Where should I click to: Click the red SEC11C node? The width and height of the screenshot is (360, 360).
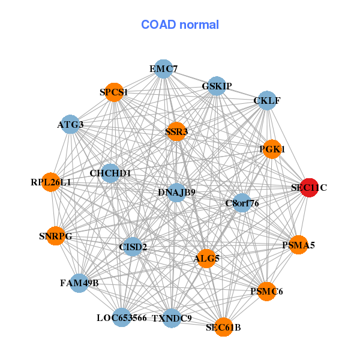click(308, 188)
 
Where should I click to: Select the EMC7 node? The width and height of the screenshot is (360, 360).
click(163, 69)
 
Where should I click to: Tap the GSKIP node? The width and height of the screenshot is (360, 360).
click(217, 86)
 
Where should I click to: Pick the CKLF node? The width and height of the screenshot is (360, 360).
click(267, 100)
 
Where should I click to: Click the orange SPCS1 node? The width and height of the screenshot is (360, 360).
click(114, 92)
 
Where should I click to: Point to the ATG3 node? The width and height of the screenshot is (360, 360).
click(71, 124)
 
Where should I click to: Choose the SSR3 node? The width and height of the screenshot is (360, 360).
click(176, 131)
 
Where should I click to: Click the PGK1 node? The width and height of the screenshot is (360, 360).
click(272, 149)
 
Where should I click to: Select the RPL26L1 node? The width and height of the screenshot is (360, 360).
click(51, 182)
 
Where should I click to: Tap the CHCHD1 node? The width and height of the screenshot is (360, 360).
click(110, 173)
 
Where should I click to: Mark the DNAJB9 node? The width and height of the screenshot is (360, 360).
click(176, 193)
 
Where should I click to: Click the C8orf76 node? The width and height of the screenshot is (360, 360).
click(242, 203)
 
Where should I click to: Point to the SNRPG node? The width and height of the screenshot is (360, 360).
click(55, 236)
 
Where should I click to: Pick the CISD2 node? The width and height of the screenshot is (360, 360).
click(133, 247)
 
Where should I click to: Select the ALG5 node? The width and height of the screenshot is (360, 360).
click(207, 259)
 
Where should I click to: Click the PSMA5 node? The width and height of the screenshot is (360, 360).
click(298, 245)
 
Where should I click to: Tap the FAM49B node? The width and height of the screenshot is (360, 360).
click(79, 282)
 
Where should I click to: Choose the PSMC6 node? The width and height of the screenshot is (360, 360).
click(266, 292)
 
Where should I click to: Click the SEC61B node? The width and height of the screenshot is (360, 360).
click(223, 327)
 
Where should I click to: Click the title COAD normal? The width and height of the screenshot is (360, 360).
click(180, 25)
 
